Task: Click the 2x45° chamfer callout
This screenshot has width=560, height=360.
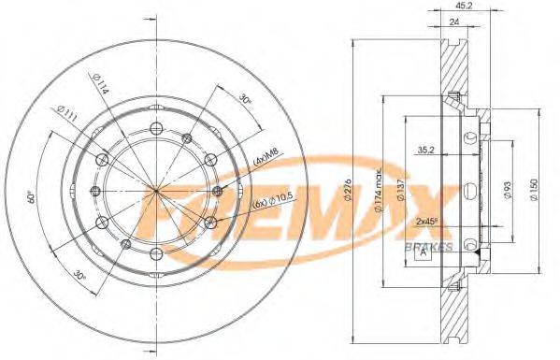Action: point(427,222)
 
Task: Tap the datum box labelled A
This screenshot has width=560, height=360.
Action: point(424,252)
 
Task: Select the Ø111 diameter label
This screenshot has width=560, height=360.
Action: point(68,115)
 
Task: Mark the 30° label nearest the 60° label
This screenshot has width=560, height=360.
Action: point(80,277)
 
